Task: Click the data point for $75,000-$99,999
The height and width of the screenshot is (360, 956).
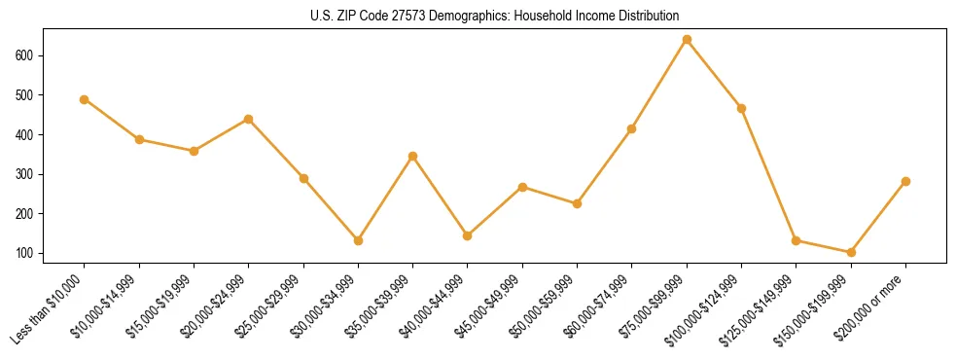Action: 687,40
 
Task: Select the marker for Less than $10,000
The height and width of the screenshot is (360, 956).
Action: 85,99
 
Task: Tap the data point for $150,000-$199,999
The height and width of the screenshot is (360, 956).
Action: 851,252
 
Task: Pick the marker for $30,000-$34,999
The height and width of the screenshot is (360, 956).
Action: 358,240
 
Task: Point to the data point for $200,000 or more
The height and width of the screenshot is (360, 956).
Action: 905,181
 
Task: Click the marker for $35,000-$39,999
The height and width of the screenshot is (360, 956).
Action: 412,156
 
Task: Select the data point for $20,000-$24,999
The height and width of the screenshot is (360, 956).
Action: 248,119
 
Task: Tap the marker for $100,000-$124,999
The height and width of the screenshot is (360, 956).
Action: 741,108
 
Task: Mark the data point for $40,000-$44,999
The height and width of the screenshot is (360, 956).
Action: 468,235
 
